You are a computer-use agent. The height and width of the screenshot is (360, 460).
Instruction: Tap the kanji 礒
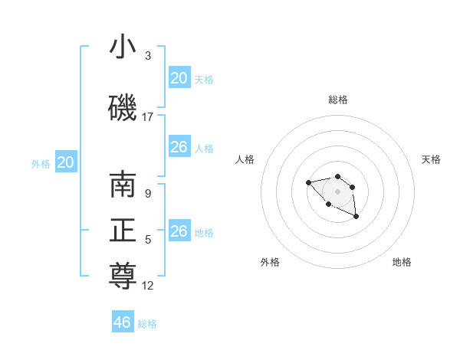pyautogui.click(x=123, y=109)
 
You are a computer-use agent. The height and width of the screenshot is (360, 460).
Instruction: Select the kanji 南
pyautogui.click(x=123, y=186)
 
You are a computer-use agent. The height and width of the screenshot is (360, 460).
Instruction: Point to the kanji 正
pyautogui.click(x=123, y=231)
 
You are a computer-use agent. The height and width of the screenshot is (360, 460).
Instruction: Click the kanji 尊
pyautogui.click(x=123, y=277)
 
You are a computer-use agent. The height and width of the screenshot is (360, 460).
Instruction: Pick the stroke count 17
pyautogui.click(x=148, y=117)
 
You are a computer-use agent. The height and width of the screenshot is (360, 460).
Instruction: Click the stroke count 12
pyautogui.click(x=148, y=286)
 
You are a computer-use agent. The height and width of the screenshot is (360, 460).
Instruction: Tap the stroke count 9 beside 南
pyautogui.click(x=148, y=194)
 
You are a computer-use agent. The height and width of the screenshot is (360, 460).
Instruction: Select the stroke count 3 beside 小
pyautogui.click(x=148, y=56)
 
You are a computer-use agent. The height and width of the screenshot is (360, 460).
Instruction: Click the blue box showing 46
pyautogui.click(x=123, y=322)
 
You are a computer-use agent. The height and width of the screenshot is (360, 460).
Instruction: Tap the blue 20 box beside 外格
pyautogui.click(x=66, y=162)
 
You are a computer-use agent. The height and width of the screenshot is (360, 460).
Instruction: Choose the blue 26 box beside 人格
pyautogui.click(x=179, y=147)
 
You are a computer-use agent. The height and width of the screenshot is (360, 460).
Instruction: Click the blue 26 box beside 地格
pyautogui.click(x=179, y=231)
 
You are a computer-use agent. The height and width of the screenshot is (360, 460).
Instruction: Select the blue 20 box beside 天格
pyautogui.click(x=179, y=78)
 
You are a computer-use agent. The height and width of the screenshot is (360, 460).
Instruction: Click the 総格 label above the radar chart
pyautogui.click(x=338, y=100)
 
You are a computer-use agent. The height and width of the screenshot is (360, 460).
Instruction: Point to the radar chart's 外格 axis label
pyautogui.click(x=270, y=262)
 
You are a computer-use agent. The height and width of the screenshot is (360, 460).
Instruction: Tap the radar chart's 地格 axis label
pyautogui.click(x=402, y=262)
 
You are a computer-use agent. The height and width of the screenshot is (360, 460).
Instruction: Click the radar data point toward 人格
pyautogui.click(x=308, y=182)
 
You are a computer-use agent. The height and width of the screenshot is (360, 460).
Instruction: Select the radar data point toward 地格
pyautogui.click(x=356, y=218)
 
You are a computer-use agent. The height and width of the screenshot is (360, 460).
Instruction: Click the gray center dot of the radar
pyautogui.click(x=337, y=191)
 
